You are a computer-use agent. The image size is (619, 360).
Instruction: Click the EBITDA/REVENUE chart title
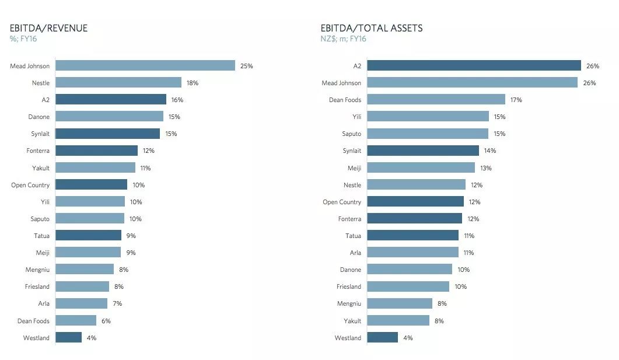coord(48,28)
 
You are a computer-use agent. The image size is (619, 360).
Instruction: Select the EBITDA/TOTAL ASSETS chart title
coord(372,28)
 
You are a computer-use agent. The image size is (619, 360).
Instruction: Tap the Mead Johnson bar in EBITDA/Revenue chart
coord(145,66)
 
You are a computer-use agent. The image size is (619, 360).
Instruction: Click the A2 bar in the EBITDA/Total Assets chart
coord(474,66)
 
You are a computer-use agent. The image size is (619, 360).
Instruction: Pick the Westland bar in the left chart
coord(69,338)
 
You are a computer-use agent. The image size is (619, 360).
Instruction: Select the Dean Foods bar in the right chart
coord(436,100)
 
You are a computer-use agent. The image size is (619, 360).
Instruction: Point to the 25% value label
coord(246,66)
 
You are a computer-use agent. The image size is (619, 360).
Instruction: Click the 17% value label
coord(516,100)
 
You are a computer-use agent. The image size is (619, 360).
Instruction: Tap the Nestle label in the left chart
coord(41,83)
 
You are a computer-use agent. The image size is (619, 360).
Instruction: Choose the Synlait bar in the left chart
coord(107,134)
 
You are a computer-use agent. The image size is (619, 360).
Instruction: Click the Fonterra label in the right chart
coord(349,219)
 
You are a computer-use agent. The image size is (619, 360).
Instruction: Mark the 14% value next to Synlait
coord(489,151)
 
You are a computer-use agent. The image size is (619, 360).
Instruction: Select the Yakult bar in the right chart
coord(398,321)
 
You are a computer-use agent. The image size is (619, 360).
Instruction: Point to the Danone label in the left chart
coord(39,117)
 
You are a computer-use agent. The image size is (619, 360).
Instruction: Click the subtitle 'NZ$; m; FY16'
coord(343,39)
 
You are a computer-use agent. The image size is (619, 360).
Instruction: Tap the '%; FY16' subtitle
coord(23,39)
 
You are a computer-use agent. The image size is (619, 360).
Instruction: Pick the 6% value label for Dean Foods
coord(106,321)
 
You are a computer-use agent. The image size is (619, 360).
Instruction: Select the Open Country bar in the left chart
coord(91,185)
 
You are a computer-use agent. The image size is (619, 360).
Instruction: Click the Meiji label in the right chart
coord(355,168)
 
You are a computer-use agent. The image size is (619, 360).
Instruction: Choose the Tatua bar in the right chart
coord(412,236)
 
